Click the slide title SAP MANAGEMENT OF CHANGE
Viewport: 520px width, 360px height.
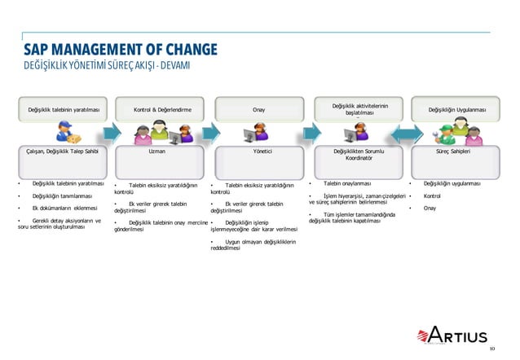120,49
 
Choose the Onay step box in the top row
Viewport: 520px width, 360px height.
258,109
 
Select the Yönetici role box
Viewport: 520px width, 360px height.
258,151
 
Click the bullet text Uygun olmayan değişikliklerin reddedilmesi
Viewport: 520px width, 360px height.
253,245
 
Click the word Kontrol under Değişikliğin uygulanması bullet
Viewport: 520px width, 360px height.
432,196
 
